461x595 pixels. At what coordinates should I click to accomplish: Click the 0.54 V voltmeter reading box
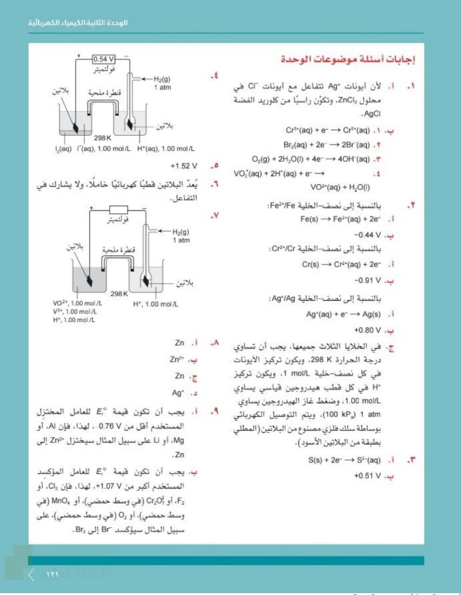tap(104, 59)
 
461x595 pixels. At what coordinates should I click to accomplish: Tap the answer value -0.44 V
tap(367, 235)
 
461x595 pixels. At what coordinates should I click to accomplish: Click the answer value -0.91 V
tap(367, 281)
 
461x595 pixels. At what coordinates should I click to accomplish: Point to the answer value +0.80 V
tap(367, 331)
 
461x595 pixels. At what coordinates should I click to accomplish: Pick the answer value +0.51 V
tap(367, 476)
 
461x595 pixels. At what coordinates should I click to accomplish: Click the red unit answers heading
tap(348, 59)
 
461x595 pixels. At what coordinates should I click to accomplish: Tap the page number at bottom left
tap(52, 574)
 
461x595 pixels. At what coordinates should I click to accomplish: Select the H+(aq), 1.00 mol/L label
tap(166, 149)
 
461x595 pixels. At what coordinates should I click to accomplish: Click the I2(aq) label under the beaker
tap(63, 149)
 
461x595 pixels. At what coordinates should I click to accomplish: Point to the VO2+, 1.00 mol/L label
tap(77, 303)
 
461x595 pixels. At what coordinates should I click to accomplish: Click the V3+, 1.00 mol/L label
tap(75, 311)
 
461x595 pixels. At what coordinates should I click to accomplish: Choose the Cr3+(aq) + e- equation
tap(327, 131)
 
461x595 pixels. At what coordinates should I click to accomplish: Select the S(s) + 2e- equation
tap(344, 461)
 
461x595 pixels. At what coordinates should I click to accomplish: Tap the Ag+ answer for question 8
tap(178, 393)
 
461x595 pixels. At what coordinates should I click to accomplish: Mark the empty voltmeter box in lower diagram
tap(118, 210)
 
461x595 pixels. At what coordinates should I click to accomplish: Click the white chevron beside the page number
tap(32, 575)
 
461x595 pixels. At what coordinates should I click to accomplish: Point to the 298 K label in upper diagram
tap(102, 138)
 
